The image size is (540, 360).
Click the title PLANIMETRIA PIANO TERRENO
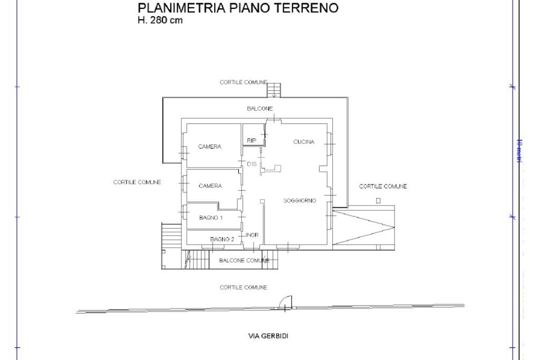tap(238, 9)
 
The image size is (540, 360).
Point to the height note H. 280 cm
tap(160, 21)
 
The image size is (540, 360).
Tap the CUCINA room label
tap(304, 142)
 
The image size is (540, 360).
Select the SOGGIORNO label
tap(300, 201)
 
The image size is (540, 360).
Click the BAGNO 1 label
tap(211, 218)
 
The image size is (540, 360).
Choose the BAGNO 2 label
tap(222, 239)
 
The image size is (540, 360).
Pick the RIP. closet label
tap(252, 140)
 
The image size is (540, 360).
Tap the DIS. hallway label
tap(252, 164)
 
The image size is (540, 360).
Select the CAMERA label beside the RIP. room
tap(209, 147)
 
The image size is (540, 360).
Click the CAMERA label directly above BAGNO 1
tap(210, 186)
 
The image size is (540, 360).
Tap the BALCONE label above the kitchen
tap(260, 109)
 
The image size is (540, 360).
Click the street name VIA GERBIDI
tap(268, 336)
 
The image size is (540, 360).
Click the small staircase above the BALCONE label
tap(274, 90)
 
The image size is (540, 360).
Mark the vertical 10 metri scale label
tap(519, 151)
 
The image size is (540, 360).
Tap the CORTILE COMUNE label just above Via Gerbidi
tap(244, 287)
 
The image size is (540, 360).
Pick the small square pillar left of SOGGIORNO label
tap(262, 201)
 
